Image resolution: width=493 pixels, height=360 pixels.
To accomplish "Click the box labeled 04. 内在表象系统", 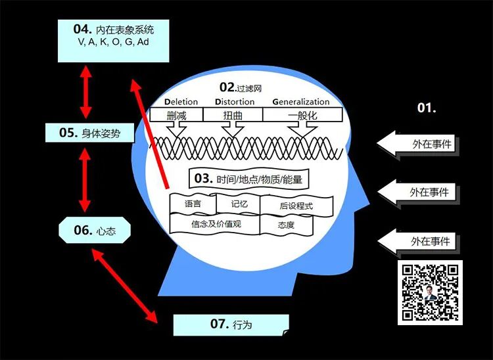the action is pos(108,41).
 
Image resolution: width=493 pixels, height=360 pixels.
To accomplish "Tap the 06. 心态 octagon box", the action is pos(95,230).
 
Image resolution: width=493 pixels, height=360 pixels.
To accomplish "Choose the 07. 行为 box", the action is pos(231,324).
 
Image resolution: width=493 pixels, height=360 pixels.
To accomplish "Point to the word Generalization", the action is pos(301,102).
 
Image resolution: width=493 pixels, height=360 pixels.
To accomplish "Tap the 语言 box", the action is pos(193,204).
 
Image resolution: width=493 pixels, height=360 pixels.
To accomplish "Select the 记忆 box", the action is pos(239,204).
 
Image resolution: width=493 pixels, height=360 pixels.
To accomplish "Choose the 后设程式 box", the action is pos(296,206).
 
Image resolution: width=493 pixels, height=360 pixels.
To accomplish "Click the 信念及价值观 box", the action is pos(216,223).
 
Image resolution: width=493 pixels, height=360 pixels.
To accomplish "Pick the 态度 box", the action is pos(286,225).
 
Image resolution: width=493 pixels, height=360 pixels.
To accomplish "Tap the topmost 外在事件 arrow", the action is pos(421,144).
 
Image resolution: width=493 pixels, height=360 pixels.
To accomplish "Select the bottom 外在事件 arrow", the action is pos(421,241).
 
